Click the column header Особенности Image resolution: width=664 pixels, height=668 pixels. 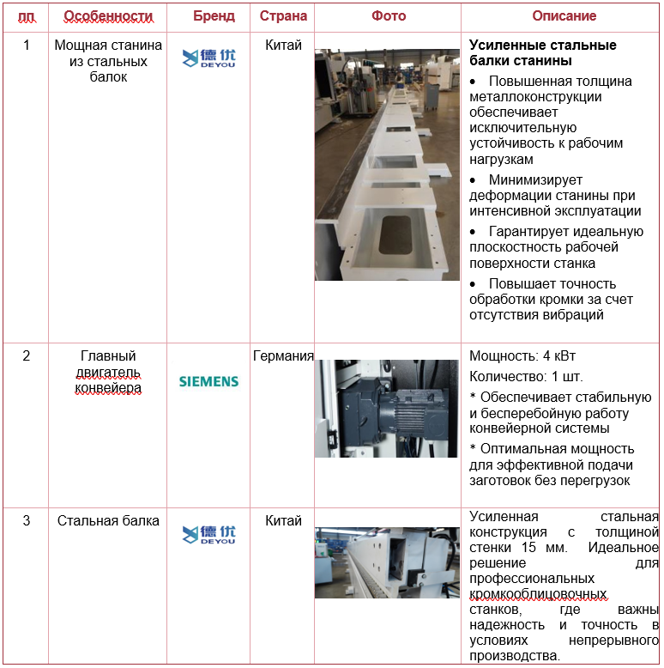[108, 16]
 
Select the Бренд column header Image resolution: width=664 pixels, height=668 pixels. [214, 15]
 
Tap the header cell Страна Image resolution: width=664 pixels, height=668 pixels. [283, 15]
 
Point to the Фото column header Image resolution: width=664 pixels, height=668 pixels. [389, 15]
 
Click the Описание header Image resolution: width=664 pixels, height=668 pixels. [564, 15]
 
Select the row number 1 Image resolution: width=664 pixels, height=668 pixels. [27, 45]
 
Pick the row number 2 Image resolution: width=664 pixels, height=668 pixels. [27, 355]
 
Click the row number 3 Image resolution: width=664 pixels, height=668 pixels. [27, 520]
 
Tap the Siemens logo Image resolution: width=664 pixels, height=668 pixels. [208, 381]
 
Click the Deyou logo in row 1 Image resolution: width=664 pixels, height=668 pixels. [208, 58]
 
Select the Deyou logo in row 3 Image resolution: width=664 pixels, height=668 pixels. [208, 534]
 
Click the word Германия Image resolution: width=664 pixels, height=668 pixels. [283, 355]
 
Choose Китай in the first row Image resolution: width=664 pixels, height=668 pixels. [283, 45]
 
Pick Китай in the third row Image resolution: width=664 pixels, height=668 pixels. [283, 520]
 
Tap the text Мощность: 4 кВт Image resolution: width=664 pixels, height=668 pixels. [522, 355]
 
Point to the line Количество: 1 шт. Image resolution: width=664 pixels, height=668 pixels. [526, 377]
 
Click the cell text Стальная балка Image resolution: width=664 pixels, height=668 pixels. [108, 520]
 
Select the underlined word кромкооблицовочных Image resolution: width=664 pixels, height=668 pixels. [538, 594]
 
